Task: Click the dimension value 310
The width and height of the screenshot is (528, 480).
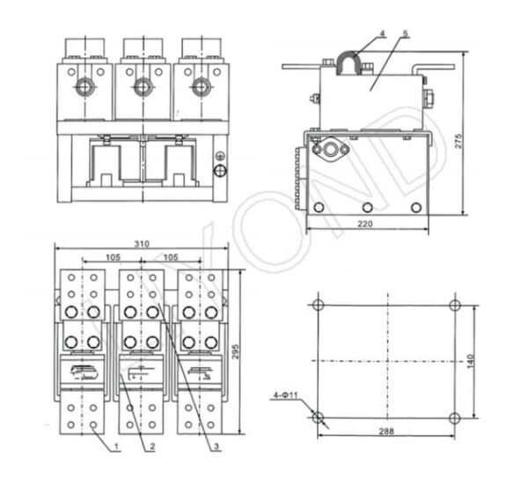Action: coord(142,244)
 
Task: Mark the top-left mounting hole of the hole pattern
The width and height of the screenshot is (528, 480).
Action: coord(319,305)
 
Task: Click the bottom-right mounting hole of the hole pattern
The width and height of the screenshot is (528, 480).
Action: coord(454,417)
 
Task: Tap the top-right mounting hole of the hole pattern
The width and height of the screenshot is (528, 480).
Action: coord(454,305)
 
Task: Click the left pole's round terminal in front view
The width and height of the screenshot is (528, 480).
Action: coord(86,86)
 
